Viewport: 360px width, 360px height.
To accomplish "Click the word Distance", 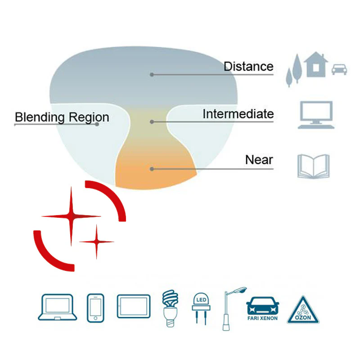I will [x=248, y=67].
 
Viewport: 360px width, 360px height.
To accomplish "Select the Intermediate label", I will [x=238, y=114].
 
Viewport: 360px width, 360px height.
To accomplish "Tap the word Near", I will [x=259, y=160].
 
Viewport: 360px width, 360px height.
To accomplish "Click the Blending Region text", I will [x=62, y=117].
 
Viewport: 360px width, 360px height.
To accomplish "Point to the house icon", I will [x=316, y=64].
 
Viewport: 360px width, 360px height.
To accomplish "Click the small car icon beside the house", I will [x=339, y=69].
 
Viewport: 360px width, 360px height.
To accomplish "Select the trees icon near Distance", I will [x=293, y=70].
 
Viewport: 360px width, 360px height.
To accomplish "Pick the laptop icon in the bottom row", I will [x=57, y=307].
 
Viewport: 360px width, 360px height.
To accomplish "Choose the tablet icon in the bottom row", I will [x=134, y=306].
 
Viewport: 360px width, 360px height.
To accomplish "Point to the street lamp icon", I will [x=230, y=308].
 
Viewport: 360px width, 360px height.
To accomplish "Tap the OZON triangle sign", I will [x=303, y=310].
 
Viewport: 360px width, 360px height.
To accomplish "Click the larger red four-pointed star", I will [x=71, y=216].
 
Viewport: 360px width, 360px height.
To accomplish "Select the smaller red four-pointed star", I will [x=96, y=242].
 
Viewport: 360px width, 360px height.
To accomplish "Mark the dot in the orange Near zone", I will [x=152, y=169].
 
